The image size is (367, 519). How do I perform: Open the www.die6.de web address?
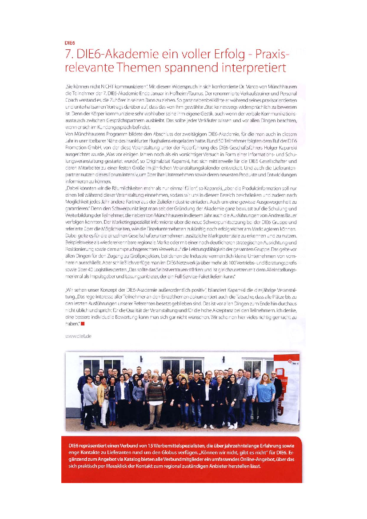tap(78, 337)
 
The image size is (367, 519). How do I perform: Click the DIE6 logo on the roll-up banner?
tap(288, 364)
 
